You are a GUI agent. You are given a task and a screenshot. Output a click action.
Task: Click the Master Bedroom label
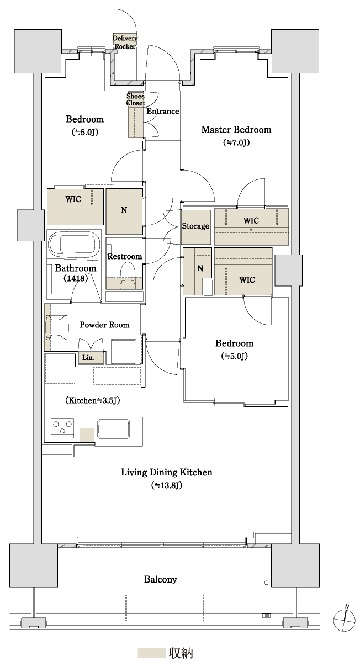point(236,130)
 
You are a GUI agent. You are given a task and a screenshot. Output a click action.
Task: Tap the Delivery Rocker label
point(125,43)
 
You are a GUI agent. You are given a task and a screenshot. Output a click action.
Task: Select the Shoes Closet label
point(135,99)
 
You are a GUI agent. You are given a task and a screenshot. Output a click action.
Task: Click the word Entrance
point(162,112)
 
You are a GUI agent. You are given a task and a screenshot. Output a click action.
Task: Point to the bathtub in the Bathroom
point(74,243)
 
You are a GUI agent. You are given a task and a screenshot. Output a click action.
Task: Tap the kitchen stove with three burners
point(62,428)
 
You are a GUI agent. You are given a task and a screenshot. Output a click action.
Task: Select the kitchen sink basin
point(113,429)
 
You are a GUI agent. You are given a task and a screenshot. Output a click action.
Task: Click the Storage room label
point(195,226)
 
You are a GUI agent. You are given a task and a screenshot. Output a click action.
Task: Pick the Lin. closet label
point(88,357)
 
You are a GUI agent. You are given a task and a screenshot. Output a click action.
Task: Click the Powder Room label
point(104,325)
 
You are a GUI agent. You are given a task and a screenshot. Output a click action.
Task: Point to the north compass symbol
point(345,620)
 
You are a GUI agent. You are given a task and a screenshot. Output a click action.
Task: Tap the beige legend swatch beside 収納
point(151,653)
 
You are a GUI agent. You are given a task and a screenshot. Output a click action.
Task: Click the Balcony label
point(161,579)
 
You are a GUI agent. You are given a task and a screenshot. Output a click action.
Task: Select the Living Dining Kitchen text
point(166,472)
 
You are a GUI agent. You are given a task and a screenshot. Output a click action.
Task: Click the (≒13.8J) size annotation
point(166,485)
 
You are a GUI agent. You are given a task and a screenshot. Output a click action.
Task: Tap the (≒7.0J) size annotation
point(236,142)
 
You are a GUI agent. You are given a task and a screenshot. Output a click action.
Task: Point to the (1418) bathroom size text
point(76,278)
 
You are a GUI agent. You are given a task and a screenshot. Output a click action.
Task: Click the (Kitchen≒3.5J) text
point(93,400)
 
